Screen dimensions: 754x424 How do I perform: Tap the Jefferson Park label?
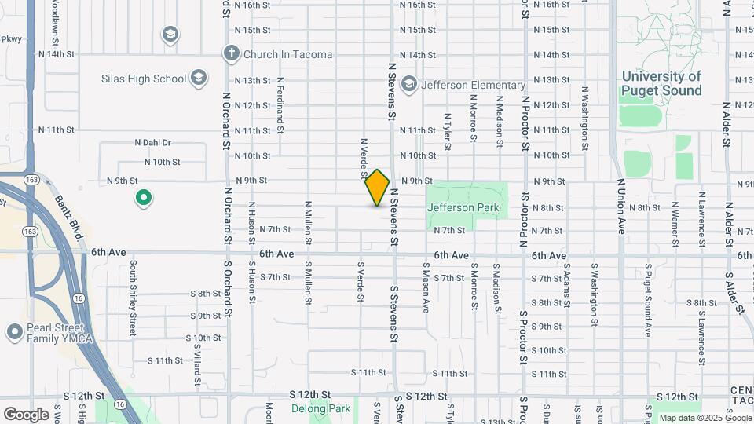click(x=463, y=207)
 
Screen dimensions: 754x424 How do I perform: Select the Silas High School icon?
click(x=199, y=78)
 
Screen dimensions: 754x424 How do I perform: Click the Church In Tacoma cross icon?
click(x=231, y=54)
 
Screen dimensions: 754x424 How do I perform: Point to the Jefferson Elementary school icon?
click(x=409, y=84)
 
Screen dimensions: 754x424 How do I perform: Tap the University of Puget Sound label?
click(x=661, y=83)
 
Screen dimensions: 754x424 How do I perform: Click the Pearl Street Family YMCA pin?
click(x=13, y=331)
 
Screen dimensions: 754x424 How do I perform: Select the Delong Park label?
click(x=320, y=408)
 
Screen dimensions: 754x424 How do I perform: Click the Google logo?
click(x=26, y=414)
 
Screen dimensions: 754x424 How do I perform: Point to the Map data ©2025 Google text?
click(x=703, y=418)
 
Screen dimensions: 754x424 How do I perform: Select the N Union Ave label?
click(x=620, y=210)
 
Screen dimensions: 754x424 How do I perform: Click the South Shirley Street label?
click(x=134, y=298)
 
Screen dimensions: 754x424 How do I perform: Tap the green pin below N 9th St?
click(x=143, y=198)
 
